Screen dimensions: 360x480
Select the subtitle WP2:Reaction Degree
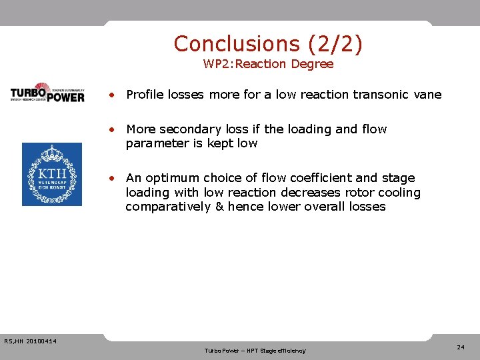coord(268,65)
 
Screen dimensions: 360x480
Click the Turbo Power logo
coord(47,93)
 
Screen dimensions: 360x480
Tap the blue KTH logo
coord(52,174)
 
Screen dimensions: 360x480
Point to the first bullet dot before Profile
coord(115,95)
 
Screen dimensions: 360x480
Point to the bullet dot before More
coord(115,129)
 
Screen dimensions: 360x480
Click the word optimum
coord(176,178)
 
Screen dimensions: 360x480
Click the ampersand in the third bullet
coord(219,207)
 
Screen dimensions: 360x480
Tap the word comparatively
coord(167,207)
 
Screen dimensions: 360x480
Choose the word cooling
coord(401,193)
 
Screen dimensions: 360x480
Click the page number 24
coord(461,347)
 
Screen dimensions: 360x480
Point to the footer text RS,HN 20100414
coord(30,342)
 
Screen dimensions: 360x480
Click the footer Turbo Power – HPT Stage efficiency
coord(255,351)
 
